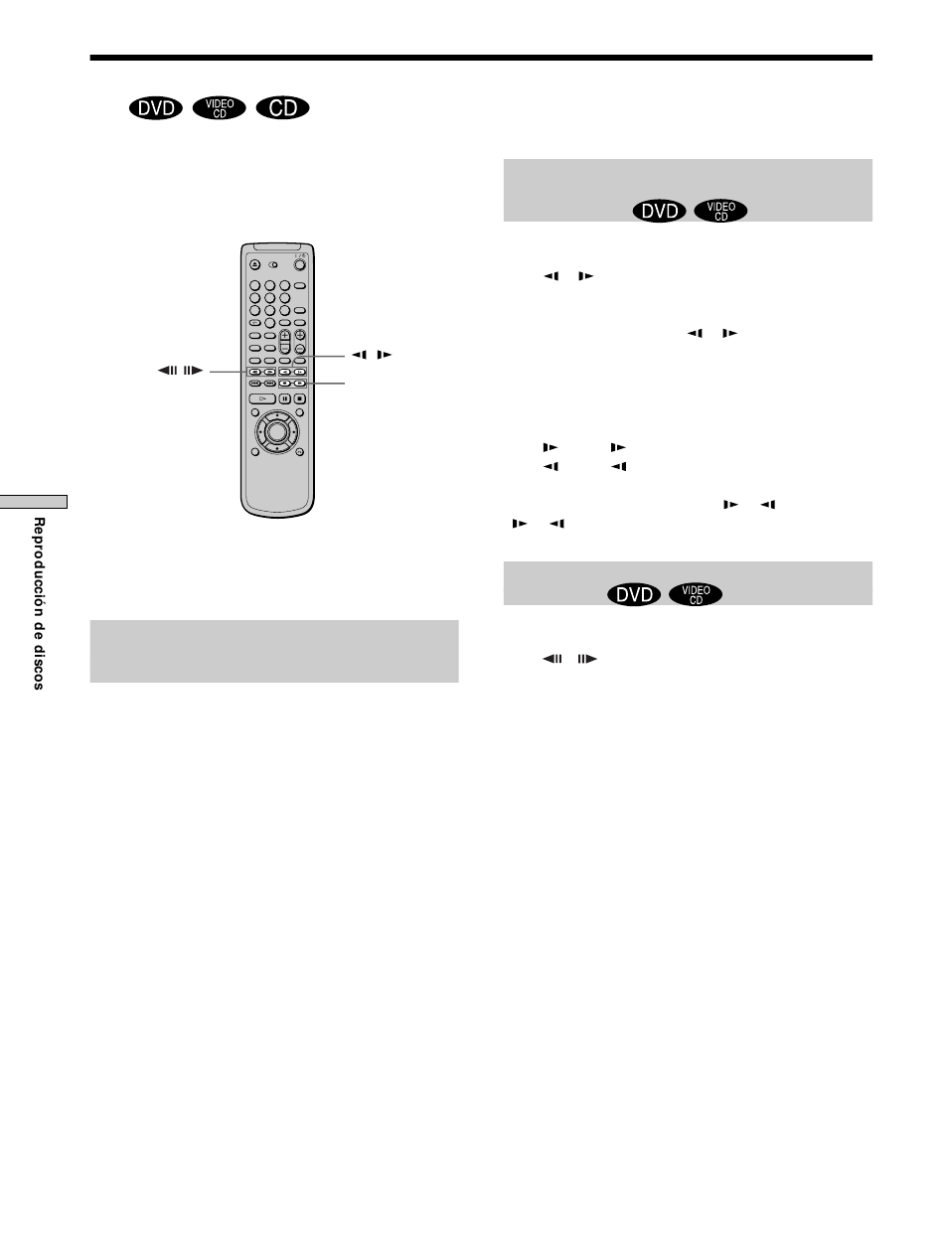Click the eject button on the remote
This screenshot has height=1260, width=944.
tap(255, 264)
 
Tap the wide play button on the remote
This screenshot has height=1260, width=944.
tap(262, 398)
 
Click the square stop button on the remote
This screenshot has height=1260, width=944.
tap(299, 398)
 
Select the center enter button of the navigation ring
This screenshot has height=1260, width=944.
tap(277, 431)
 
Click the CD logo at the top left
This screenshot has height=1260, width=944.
tap(283, 108)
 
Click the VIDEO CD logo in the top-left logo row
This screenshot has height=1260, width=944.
tap(220, 108)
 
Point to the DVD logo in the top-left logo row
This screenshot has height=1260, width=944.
tap(156, 108)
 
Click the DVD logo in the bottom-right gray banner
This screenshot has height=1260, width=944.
tap(634, 594)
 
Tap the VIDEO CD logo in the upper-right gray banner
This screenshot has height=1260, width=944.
tap(720, 211)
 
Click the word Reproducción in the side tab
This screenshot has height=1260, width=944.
tap(39, 566)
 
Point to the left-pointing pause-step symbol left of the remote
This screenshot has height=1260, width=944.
tap(168, 371)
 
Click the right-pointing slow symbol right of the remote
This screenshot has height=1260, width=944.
tap(385, 355)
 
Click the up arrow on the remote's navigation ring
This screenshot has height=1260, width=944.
tap(277, 414)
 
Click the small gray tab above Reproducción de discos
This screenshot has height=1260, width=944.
tap(33, 502)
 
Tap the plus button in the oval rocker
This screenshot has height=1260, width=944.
tap(285, 335)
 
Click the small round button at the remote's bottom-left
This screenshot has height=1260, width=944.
tap(255, 452)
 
